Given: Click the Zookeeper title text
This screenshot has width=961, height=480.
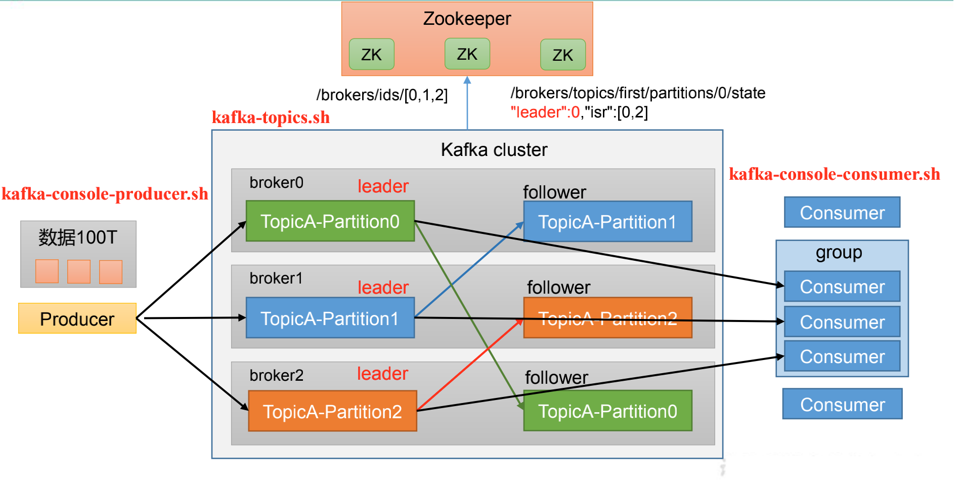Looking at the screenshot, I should pos(467,19).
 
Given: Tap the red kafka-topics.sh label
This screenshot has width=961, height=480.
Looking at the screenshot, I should pos(271,117).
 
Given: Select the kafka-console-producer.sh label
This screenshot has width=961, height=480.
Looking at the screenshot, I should pos(105,194).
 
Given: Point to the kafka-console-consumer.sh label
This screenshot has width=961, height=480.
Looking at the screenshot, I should pos(834,174).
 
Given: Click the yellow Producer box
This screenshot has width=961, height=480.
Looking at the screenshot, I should pos(77,318).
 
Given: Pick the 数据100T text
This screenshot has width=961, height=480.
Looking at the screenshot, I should pos(78,237).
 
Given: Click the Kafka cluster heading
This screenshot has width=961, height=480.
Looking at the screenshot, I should pos(494,150).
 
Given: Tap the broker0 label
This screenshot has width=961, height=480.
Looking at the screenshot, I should pos(276,183).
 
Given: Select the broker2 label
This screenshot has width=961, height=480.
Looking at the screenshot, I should pos(276,375).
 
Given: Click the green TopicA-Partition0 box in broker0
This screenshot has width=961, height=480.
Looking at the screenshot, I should pos(330,221).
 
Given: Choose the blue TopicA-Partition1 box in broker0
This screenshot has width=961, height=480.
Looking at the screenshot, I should pos(607,222).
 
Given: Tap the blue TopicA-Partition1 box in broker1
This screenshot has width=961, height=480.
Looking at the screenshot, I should pos(330,318).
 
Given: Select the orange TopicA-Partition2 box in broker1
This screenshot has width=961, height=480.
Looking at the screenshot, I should pos(607,318).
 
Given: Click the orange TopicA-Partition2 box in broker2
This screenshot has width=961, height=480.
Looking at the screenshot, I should pos(332,411).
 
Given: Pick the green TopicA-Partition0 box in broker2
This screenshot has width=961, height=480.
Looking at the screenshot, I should pos(607,411).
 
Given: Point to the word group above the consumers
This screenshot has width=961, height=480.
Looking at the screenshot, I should pos(839,253).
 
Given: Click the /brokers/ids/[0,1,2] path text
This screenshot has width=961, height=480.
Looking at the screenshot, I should pos(382,95).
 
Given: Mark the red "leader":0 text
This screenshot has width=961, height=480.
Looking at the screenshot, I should pos(545,112).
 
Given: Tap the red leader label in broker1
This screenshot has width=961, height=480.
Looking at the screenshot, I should pos(383,288).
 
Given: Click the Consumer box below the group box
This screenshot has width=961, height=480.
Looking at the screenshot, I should pos(842,404).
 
